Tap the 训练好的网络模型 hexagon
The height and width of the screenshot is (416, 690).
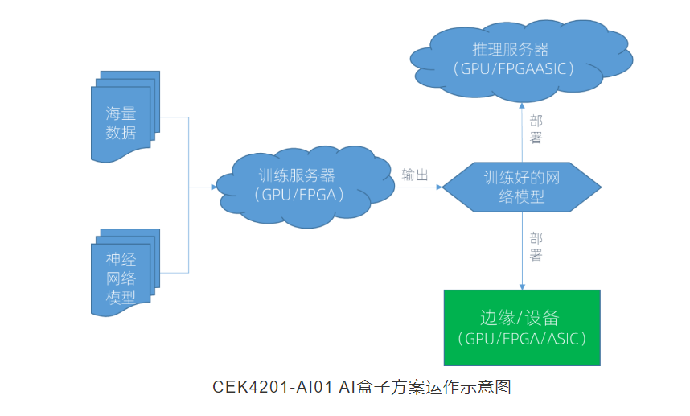click(x=522, y=186)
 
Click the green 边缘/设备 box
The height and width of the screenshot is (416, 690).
click(x=521, y=327)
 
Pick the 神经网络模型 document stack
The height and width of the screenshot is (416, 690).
click(x=122, y=274)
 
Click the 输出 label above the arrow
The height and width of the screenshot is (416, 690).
click(x=415, y=175)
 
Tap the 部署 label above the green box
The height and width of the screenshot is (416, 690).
click(x=536, y=247)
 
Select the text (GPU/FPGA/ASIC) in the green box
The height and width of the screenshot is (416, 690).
click(x=521, y=339)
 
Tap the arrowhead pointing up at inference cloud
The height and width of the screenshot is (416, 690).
click(x=523, y=105)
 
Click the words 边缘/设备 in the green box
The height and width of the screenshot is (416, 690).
click(x=521, y=317)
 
